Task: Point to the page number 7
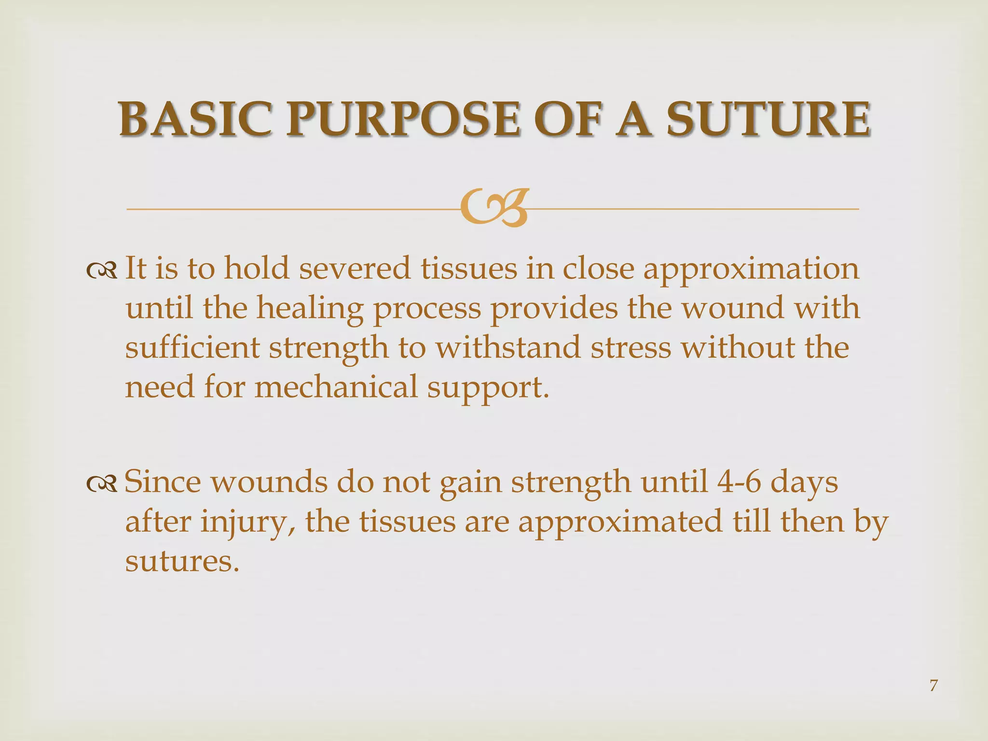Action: (x=933, y=685)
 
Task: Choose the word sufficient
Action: (x=192, y=348)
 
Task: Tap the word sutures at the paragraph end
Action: (x=182, y=562)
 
